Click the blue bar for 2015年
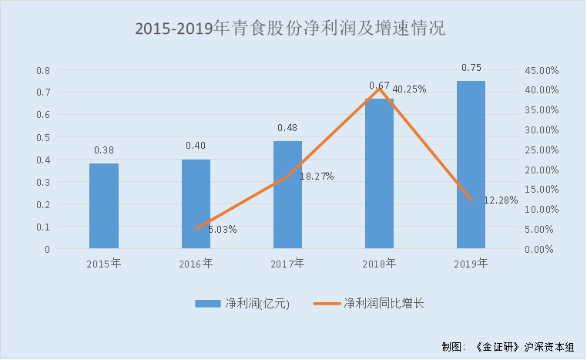[x=104, y=206]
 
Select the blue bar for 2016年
[x=196, y=204]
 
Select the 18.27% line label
[x=316, y=177]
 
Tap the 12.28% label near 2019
[x=501, y=200]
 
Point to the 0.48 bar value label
[x=287, y=128]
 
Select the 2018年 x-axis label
[x=379, y=264]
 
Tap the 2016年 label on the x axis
[x=196, y=264]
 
